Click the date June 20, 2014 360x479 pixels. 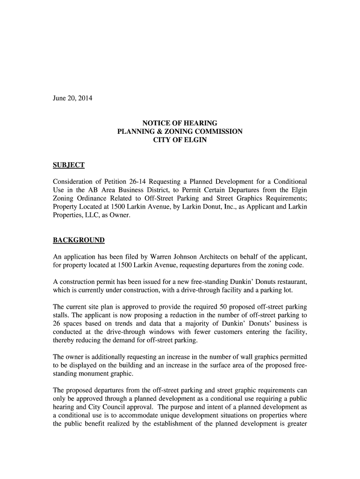tap(72, 98)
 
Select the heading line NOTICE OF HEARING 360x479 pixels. tap(180, 123)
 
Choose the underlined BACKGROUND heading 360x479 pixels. tap(79, 240)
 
